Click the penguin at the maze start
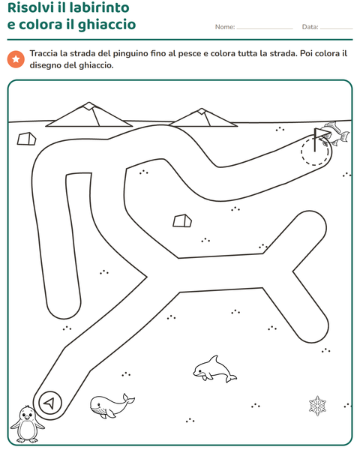(x=27, y=424)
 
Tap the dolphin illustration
(x=214, y=369)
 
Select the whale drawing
(x=111, y=406)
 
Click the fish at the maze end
(x=336, y=133)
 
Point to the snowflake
(x=317, y=406)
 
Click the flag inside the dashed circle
(x=320, y=138)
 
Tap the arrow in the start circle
(x=49, y=403)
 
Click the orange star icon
(x=16, y=59)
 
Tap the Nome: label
(x=225, y=27)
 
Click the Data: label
(x=310, y=27)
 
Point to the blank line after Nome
(x=265, y=29)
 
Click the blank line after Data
(x=337, y=29)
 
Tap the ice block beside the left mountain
(x=26, y=139)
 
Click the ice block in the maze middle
(x=182, y=220)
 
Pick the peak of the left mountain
(x=88, y=103)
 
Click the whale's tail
(x=128, y=399)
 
